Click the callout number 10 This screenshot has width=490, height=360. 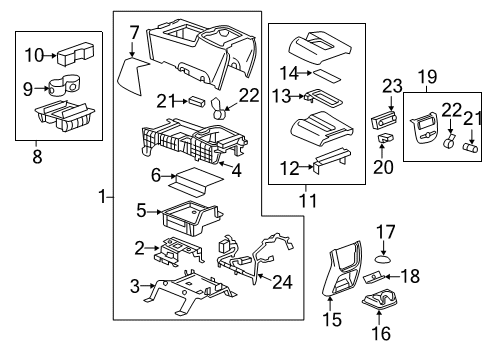click(34, 55)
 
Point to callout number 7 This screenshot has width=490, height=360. click(133, 34)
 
